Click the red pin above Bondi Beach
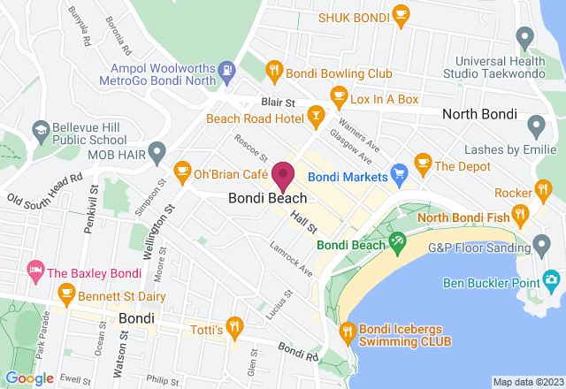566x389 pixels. [x=283, y=175]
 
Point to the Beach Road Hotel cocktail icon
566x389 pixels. [x=315, y=117]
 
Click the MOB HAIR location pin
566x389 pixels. [x=157, y=151]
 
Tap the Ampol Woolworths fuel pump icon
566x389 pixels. [x=228, y=68]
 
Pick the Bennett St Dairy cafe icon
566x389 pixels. [x=65, y=291]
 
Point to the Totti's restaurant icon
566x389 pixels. [x=234, y=327]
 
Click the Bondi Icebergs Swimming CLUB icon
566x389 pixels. [x=347, y=332]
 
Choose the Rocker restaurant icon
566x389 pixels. [x=543, y=188]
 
